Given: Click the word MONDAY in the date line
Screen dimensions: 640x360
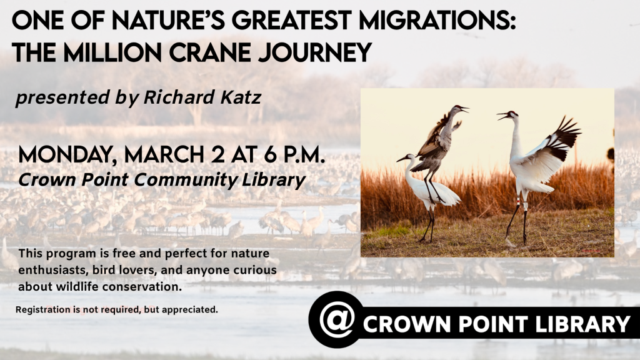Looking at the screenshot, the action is [67, 156].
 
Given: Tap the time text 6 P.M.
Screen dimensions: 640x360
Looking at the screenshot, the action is [294, 155].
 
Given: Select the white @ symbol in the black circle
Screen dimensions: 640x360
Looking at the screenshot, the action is [336, 319].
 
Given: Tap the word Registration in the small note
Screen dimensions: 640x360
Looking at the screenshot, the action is [43, 310].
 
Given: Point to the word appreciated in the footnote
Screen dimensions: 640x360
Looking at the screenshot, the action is [190, 309].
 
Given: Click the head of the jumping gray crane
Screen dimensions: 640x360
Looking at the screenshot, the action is [458, 108].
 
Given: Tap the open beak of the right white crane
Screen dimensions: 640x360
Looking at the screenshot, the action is [502, 116].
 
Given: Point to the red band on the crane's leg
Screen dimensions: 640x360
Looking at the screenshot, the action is [518, 201].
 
